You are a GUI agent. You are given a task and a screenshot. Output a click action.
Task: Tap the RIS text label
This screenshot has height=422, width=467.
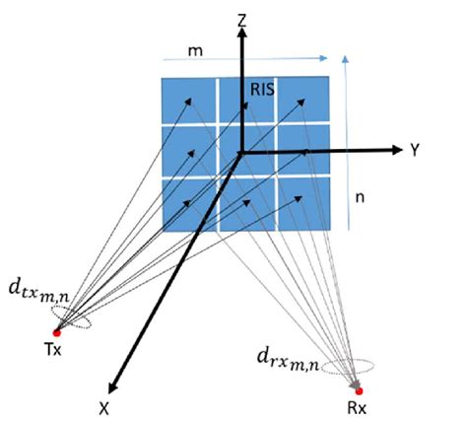pos(261,91)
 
